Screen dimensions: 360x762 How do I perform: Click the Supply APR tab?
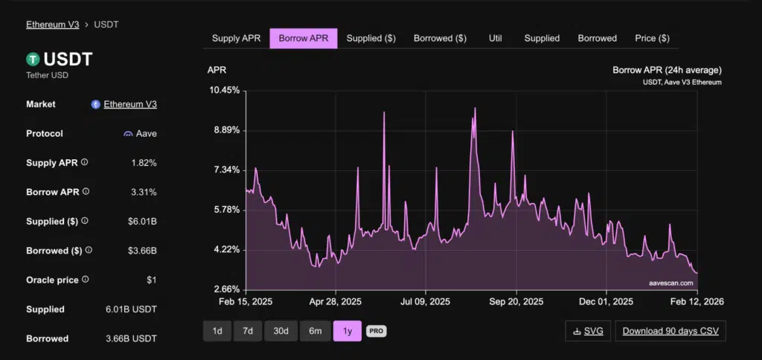[236, 38]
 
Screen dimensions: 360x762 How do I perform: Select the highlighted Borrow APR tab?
[304, 38]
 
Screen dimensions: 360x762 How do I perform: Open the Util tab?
[496, 38]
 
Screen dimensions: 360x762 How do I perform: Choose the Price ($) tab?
[652, 38]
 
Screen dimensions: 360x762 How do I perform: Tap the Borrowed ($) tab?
[440, 38]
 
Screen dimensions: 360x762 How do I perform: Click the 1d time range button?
[217, 331]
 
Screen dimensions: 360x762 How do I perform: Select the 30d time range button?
[281, 331]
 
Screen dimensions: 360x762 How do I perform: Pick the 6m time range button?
[316, 331]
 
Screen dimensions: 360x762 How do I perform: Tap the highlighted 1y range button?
[348, 331]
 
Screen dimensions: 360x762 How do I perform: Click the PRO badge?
[376, 331]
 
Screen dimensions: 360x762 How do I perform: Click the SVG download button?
[587, 331]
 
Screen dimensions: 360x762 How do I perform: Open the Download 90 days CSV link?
[670, 331]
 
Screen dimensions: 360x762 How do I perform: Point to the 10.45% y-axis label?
[225, 90]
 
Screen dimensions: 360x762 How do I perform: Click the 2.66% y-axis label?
[225, 289]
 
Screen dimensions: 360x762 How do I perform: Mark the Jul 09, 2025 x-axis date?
[426, 302]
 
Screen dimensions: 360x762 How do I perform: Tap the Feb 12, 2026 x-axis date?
[697, 302]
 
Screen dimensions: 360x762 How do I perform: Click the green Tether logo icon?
[33, 59]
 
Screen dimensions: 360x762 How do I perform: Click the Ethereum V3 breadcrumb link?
[53, 25]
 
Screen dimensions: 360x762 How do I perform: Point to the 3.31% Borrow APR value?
[144, 192]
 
